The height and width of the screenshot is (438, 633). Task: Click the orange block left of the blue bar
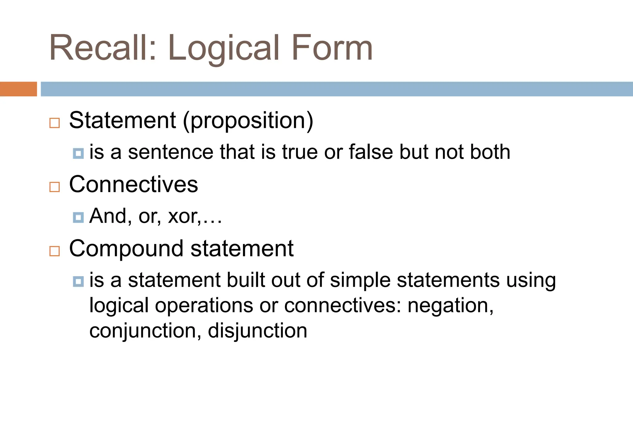(18, 89)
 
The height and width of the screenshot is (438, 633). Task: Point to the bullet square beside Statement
(54, 123)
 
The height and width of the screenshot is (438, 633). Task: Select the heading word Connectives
(134, 184)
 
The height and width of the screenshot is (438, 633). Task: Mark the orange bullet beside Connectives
(54, 187)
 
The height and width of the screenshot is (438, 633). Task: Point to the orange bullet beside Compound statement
(54, 251)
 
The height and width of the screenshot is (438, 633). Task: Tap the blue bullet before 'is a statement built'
(78, 281)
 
